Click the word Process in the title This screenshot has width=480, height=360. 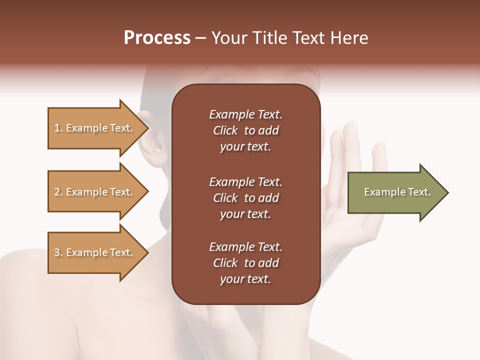[157, 38]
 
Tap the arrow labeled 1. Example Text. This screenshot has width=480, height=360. [95, 128]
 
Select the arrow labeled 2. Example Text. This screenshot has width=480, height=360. [95, 192]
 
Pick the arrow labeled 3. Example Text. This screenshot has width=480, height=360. [95, 252]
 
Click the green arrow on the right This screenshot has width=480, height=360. [395, 192]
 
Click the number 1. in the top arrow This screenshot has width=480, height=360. [58, 128]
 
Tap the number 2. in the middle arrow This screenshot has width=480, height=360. [58, 192]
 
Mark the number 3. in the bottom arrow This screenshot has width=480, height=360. [58, 252]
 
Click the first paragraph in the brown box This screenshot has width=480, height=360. [245, 130]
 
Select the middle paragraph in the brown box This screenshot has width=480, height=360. [245, 198]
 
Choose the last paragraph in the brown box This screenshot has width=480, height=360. [245, 263]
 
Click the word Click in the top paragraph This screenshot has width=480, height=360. [225, 130]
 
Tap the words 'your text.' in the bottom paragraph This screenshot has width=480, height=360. [245, 279]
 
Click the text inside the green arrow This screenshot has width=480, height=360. [397, 192]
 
